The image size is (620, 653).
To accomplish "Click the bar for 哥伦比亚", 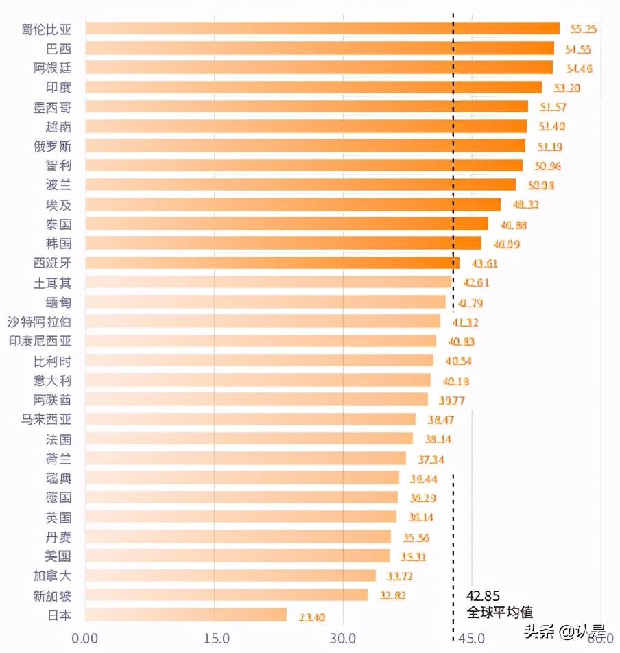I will (322, 28).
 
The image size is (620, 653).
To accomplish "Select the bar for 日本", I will (186, 615).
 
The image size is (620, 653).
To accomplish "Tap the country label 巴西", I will (58, 49).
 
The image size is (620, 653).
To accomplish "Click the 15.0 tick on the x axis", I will (215, 639).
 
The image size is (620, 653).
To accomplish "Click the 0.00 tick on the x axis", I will (85, 639).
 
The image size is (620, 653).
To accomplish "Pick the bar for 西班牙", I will (272, 263).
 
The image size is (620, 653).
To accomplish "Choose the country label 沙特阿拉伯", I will (39, 322).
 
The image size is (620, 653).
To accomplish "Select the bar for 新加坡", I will (226, 595).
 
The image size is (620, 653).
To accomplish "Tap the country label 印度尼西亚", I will (39, 341).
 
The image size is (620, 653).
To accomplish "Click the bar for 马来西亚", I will (250, 419).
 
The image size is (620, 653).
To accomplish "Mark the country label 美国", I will (58, 556).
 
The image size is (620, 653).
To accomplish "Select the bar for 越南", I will (306, 126).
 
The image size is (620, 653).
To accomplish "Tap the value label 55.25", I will (583, 29).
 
